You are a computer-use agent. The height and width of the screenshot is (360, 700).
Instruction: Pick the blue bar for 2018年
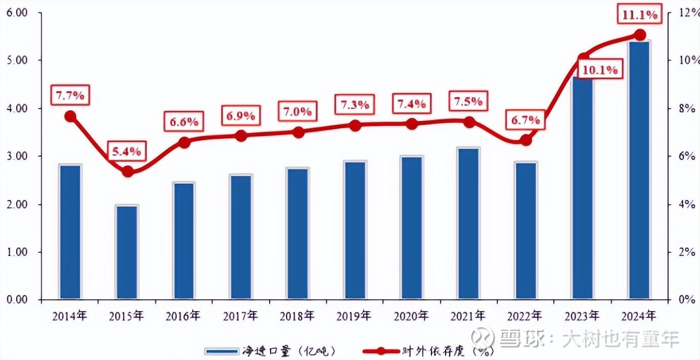click(x=298, y=233)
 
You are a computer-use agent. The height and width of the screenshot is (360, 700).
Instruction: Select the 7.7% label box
click(x=70, y=95)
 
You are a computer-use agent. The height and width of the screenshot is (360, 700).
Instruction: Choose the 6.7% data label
click(x=527, y=120)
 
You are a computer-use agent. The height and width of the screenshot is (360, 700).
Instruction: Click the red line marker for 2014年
click(x=70, y=116)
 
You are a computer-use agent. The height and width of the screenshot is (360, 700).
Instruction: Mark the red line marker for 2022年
click(x=526, y=140)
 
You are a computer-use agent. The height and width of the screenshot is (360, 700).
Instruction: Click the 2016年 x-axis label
click(x=184, y=316)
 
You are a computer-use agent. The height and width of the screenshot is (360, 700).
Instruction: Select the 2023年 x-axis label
click(x=582, y=316)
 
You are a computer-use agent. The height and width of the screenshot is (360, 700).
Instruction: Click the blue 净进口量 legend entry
click(x=268, y=350)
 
